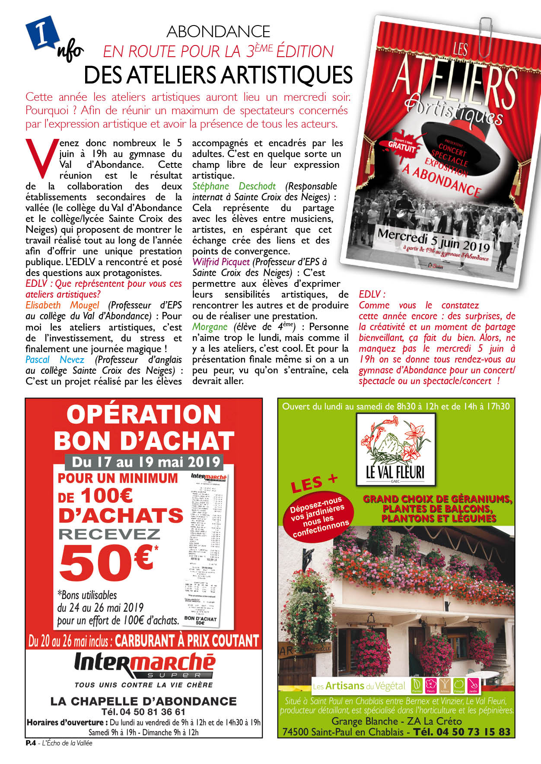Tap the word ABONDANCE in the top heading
pyautogui.click(x=218, y=32)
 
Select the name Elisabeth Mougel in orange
pyautogui.click(x=62, y=305)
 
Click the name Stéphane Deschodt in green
pyautogui.click(x=234, y=186)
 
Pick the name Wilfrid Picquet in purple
pyautogui.click(x=221, y=262)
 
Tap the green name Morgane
pyautogui.click(x=210, y=327)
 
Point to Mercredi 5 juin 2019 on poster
pyautogui.click(x=433, y=240)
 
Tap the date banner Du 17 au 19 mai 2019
pyautogui.click(x=146, y=462)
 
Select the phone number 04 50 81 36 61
pyautogui.click(x=143, y=712)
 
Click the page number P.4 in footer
pyautogui.click(x=30, y=743)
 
